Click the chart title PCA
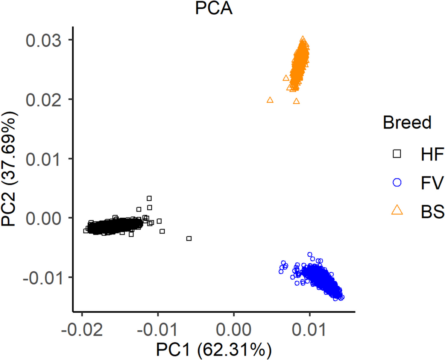[x=214, y=9]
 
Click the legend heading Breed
[x=407, y=123]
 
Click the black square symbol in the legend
[x=397, y=154]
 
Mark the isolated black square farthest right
[x=189, y=238]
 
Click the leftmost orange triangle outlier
[x=270, y=100]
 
